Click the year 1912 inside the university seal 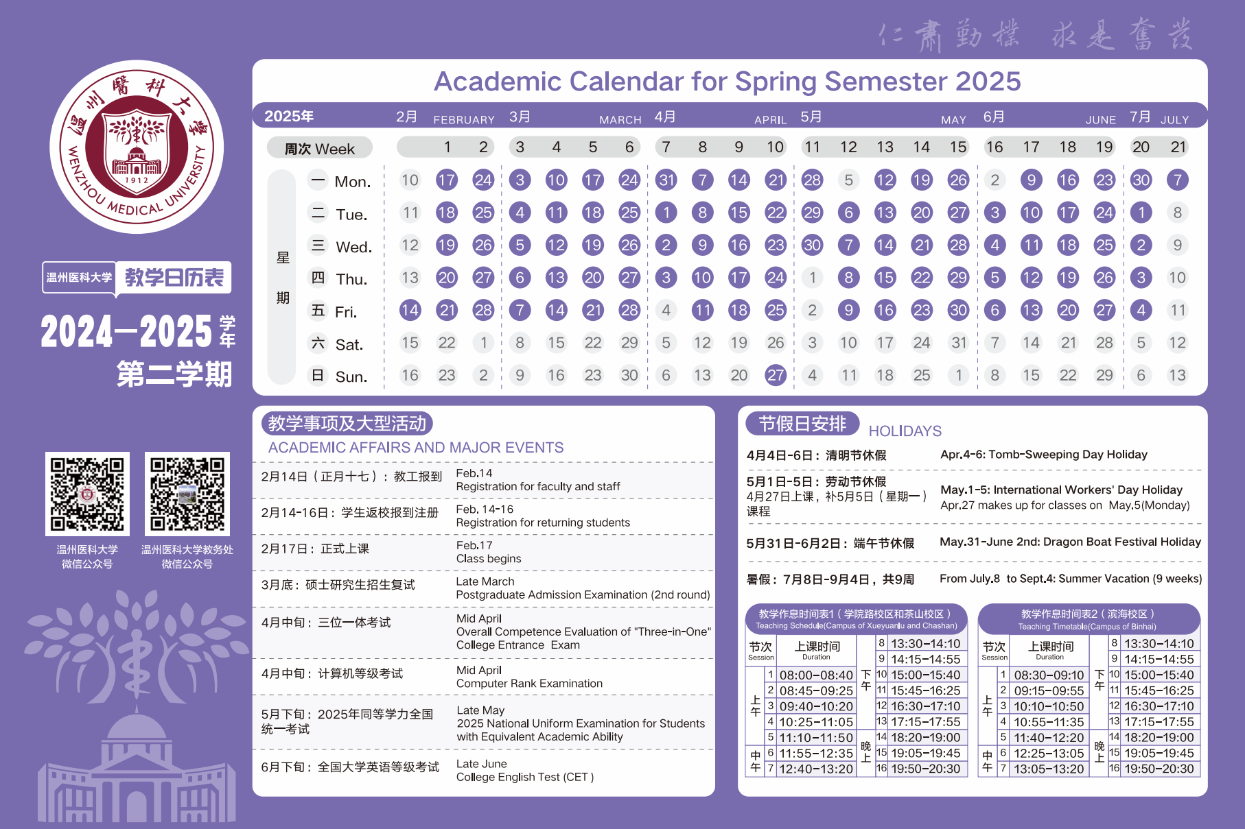[137, 180]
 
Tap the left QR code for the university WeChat [87, 494]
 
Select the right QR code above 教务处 [187, 494]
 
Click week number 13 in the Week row [885, 147]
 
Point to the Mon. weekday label [352, 182]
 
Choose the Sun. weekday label [351, 377]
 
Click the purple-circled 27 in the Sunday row [776, 375]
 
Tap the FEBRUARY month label [464, 120]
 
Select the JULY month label [1174, 120]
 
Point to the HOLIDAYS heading [905, 431]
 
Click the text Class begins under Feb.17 [489, 559]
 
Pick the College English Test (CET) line [525, 778]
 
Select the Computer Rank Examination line [529, 684]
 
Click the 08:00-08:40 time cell [816, 675]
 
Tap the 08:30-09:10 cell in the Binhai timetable [1049, 675]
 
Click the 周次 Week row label [320, 149]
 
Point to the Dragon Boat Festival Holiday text [1121, 542]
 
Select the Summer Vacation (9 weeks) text [1130, 579]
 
